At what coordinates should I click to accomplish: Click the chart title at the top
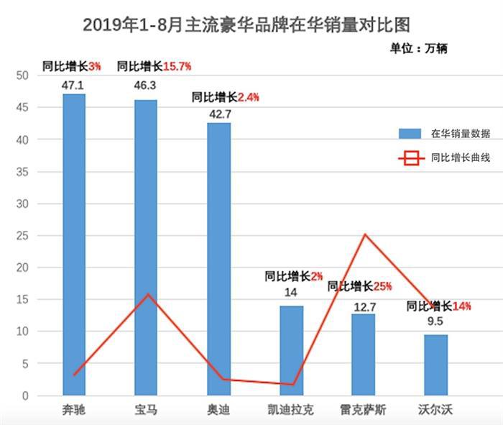coord(246,24)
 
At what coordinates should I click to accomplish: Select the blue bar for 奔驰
coord(74,245)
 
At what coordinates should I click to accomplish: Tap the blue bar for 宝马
coord(146,247)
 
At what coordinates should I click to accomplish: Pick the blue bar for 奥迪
coord(219,259)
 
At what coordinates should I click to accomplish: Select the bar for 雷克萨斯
coord(363,355)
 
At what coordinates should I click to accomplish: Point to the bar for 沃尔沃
coord(435,365)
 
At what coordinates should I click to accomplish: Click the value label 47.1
coord(74,85)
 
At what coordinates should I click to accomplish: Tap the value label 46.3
coord(146,85)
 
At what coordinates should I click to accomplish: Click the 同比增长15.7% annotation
coord(153,66)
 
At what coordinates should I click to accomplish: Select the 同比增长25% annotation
coord(359,286)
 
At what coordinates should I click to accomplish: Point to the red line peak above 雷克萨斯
coord(364,234)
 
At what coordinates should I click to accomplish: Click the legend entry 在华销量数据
coord(444,133)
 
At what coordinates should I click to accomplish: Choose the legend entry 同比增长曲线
coord(444,157)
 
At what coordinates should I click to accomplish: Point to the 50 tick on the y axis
coord(22,76)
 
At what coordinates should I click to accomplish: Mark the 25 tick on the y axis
coord(22,236)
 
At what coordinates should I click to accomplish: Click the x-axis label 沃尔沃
coord(435,410)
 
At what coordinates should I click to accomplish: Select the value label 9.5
coord(435,321)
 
